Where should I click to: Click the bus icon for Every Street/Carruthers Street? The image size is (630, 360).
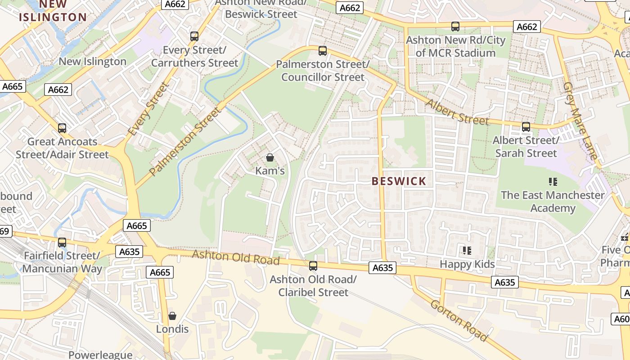(194, 36)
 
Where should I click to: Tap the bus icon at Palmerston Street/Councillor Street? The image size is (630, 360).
(322, 51)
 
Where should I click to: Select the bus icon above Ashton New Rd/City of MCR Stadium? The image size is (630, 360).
(455, 27)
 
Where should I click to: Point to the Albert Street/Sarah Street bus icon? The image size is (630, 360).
(526, 127)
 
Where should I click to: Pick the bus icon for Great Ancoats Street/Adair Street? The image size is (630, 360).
(62, 128)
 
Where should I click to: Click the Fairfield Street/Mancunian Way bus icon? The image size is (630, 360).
(62, 243)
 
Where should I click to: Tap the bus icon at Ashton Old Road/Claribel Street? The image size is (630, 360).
(313, 266)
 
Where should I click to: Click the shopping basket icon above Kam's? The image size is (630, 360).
(270, 157)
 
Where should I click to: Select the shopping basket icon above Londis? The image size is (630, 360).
(172, 316)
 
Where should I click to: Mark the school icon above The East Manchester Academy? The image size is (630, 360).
(553, 182)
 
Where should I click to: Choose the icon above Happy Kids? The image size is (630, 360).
(467, 251)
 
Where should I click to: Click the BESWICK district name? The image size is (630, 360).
(399, 181)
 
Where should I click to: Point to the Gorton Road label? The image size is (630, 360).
(459, 320)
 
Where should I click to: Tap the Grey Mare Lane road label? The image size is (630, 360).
(581, 121)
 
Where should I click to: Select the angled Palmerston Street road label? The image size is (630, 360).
(185, 141)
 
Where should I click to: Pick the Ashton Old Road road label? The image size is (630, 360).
(236, 258)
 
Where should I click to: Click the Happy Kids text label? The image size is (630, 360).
(467, 264)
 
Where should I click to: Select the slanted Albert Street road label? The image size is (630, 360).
(457, 112)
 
